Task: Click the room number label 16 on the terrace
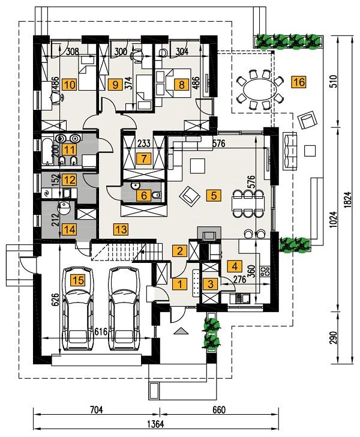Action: (x=298, y=83)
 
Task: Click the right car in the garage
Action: (x=124, y=318)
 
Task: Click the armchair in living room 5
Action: (x=191, y=194)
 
